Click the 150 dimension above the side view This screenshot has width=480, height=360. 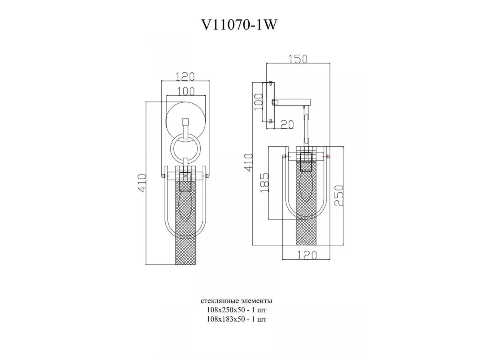(298, 59)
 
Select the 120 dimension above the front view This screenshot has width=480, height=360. (185, 76)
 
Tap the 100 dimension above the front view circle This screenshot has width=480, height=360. (186, 91)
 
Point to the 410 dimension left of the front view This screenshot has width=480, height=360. (142, 183)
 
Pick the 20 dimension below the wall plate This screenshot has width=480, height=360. (287, 124)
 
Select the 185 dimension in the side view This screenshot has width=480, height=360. (264, 183)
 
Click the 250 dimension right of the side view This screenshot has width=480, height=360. (339, 196)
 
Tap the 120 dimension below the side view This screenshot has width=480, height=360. (307, 255)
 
